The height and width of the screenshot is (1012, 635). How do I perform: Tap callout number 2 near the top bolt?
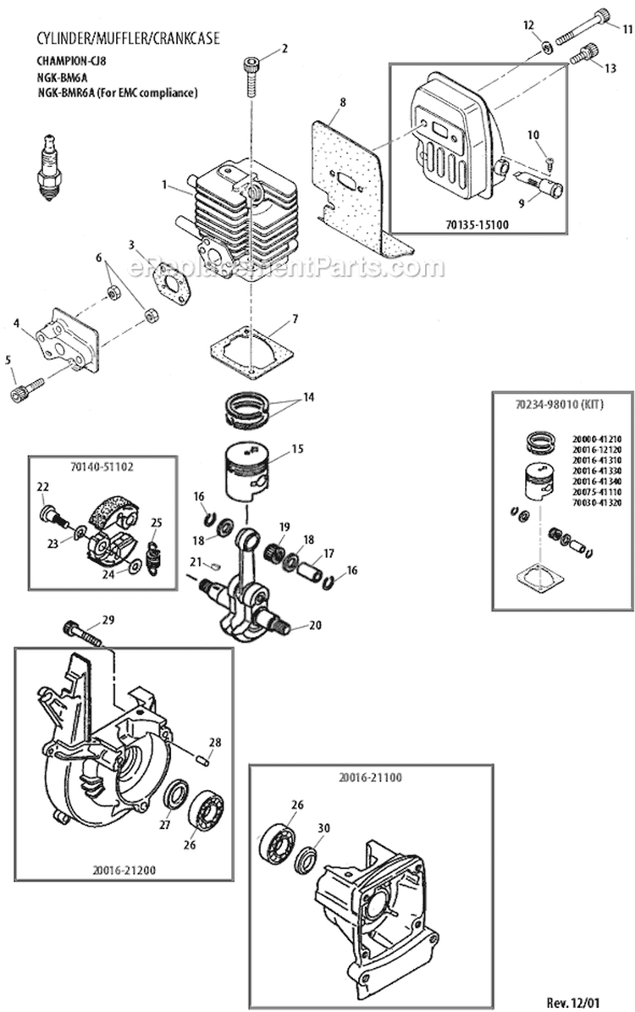click(x=284, y=48)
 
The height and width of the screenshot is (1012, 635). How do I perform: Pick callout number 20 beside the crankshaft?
click(x=314, y=626)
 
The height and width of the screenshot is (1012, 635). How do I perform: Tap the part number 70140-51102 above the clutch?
click(x=102, y=465)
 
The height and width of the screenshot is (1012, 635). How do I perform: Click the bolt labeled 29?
click(x=81, y=631)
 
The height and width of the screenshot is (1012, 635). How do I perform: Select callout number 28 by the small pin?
click(x=215, y=742)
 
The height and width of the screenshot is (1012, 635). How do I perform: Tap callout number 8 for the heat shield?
click(x=342, y=102)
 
